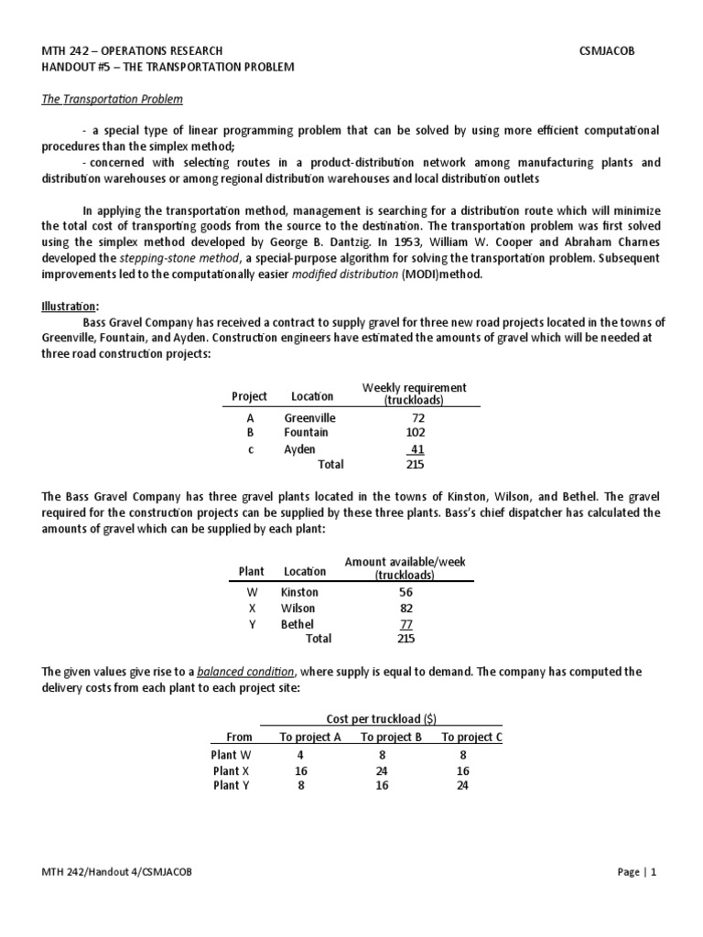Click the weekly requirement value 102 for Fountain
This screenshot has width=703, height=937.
(415, 432)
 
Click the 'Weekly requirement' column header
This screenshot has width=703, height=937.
(415, 388)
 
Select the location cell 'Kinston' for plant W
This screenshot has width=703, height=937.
(300, 592)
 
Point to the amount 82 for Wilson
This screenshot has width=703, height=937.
(406, 608)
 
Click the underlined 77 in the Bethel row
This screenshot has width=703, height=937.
(406, 624)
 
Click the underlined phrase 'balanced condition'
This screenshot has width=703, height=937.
(238, 672)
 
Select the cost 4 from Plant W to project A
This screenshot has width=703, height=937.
(299, 755)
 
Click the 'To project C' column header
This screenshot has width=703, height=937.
(471, 737)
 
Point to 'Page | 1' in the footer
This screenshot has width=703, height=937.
(637, 872)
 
